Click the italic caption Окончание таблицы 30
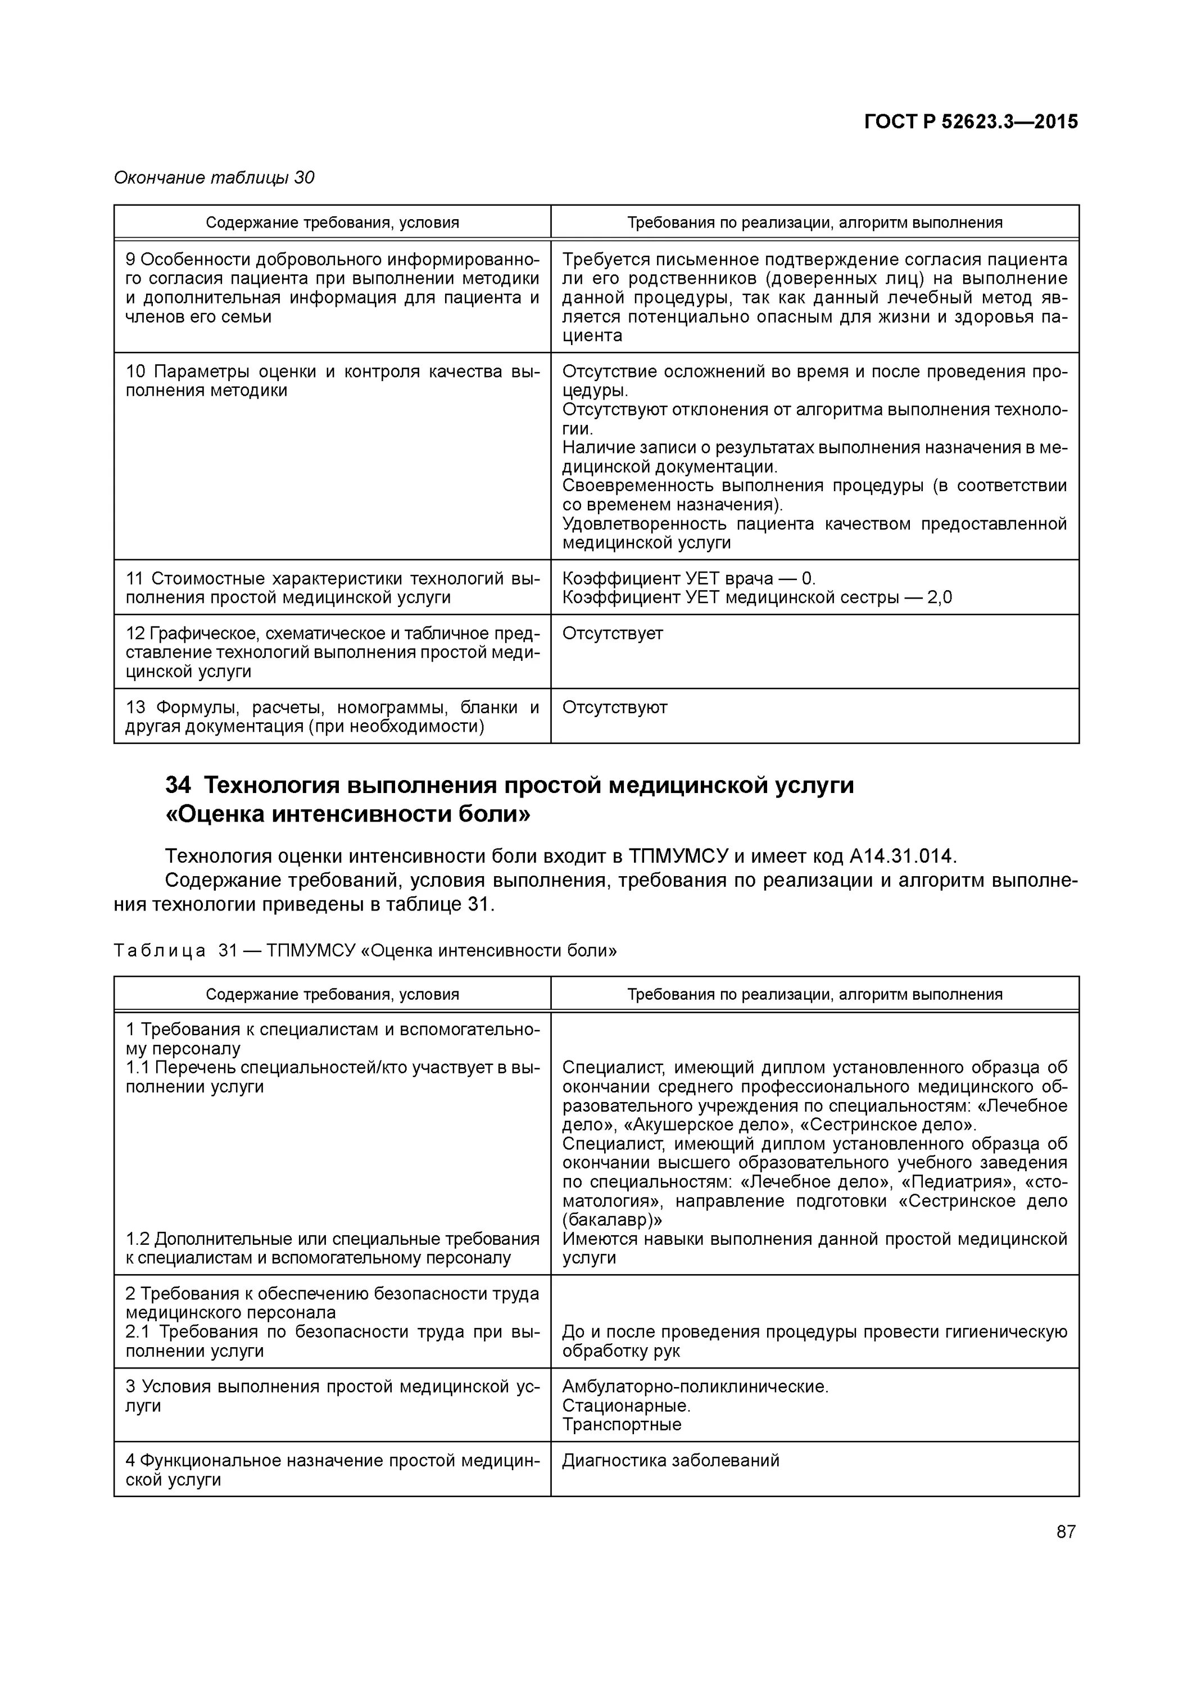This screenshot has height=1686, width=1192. coord(214,178)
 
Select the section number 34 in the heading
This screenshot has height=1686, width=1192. coord(178,786)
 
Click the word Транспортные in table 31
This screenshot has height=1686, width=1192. coord(622,1425)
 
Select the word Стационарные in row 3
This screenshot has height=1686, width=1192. coord(626,1406)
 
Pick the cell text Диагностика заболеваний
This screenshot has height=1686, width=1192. coord(670,1461)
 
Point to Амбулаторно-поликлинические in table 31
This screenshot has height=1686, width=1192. coord(695,1386)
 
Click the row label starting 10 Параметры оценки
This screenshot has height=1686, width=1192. coord(332,381)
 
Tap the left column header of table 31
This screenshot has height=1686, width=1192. coord(332,994)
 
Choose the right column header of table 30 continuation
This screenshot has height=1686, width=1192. coord(814,223)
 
